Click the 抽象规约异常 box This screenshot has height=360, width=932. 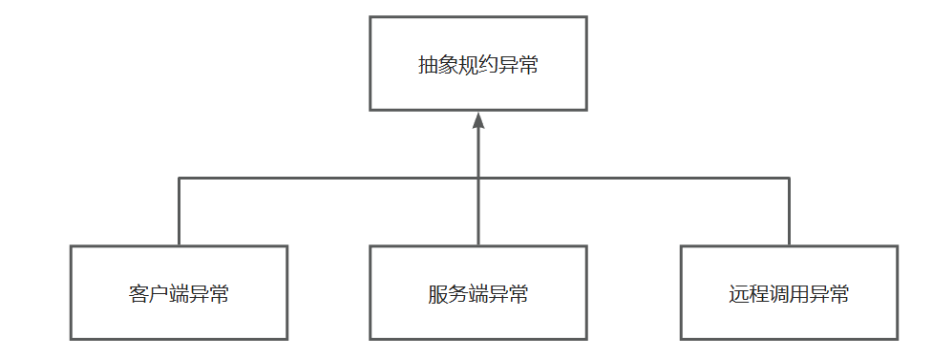coord(478,63)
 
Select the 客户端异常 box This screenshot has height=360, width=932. coord(179,292)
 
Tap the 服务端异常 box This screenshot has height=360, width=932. coord(478,292)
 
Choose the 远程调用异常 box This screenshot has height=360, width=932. coord(789,292)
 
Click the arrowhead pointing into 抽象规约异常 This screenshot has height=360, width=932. coord(478,119)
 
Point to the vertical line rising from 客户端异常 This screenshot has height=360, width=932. coord(179,212)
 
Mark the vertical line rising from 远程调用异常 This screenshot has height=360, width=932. coord(789,212)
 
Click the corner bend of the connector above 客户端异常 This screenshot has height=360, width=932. coord(179,178)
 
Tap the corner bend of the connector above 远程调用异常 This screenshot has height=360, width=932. coord(789,178)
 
